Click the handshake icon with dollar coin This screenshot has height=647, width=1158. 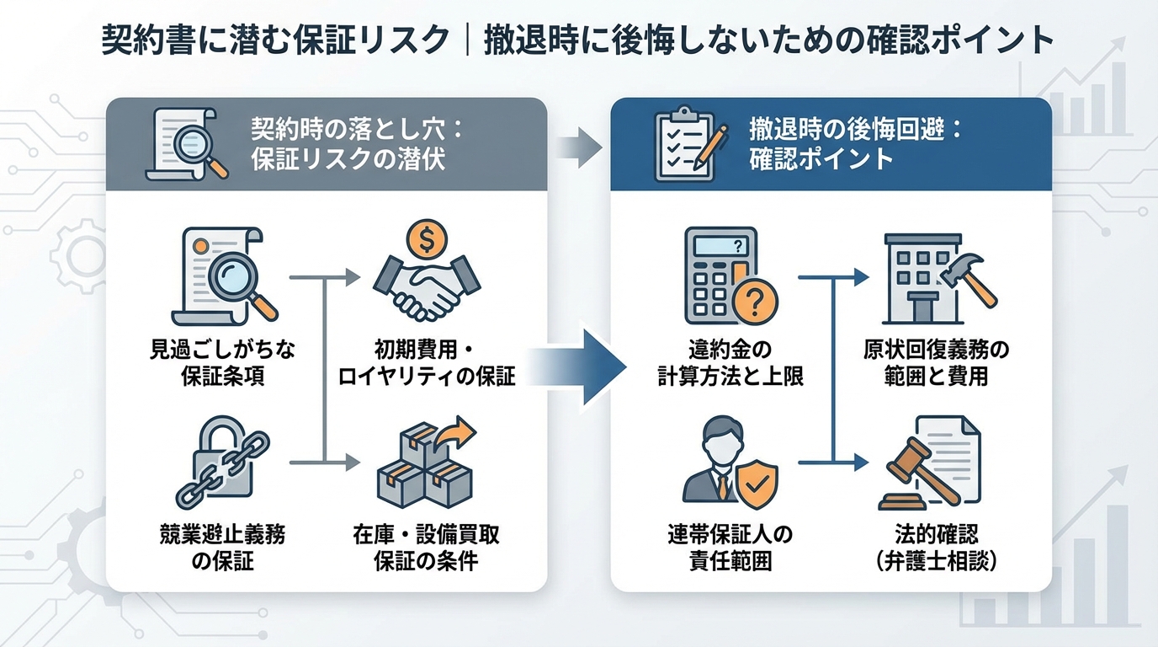click(x=426, y=282)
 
